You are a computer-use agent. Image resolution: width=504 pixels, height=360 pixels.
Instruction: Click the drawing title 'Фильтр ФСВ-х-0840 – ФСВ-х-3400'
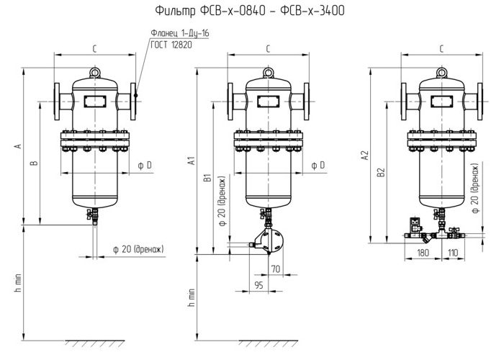[250, 10]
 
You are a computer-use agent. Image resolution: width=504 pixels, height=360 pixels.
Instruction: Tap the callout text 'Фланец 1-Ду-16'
[180, 33]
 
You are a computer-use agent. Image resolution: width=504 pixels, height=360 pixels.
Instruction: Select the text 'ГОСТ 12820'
[171, 45]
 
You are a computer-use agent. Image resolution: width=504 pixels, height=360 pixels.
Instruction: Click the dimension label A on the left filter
[19, 146]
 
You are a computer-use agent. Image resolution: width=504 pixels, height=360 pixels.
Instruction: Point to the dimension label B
[35, 163]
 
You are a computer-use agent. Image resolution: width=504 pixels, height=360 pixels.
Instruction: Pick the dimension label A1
[192, 161]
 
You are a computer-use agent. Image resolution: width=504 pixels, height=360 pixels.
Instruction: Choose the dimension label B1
[209, 178]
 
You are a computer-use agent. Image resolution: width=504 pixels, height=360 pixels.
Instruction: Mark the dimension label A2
[365, 156]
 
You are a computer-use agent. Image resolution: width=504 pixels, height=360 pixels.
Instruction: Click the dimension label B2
[381, 172]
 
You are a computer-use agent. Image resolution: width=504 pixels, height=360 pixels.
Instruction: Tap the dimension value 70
[276, 269]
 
